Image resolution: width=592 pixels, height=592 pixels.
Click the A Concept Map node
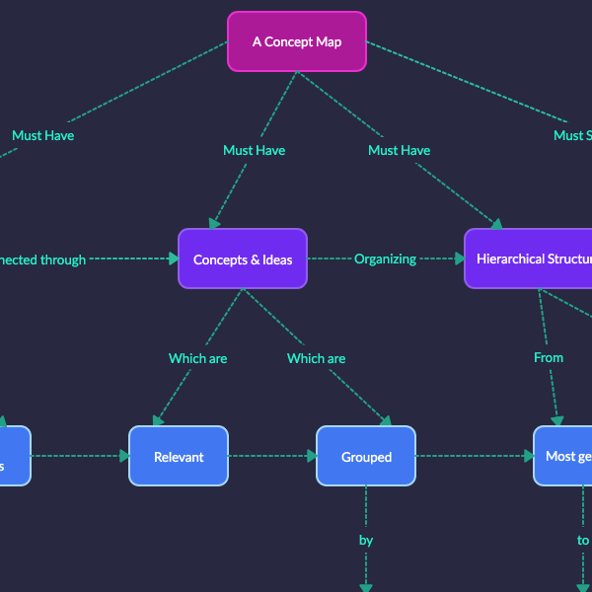coord(296,41)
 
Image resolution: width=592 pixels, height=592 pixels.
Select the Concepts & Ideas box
coord(242,259)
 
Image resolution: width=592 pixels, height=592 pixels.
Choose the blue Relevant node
coord(179,457)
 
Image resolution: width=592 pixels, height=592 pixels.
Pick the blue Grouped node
coord(366,457)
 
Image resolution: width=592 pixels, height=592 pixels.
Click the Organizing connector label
coord(385,259)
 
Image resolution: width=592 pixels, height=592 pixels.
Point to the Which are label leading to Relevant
coord(197,358)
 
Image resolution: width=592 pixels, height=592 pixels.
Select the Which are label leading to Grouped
coord(316,358)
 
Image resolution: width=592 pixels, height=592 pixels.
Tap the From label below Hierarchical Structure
coord(548,357)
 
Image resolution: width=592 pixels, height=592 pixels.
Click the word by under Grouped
coord(366,540)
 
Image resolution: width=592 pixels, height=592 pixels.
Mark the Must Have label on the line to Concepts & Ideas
coord(254,150)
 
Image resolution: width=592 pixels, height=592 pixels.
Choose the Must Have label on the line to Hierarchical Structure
coord(399,150)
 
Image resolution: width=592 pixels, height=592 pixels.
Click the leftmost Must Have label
coord(42,135)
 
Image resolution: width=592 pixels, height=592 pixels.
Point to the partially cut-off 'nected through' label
coord(44,259)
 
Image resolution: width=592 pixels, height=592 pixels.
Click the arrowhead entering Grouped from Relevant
coord(311,457)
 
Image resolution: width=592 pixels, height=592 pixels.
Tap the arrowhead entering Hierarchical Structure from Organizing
coord(459,259)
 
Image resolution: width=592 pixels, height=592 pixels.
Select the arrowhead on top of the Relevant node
coord(158,420)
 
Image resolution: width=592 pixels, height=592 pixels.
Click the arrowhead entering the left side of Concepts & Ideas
coord(173,259)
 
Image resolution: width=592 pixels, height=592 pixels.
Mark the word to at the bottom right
coord(583,540)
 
